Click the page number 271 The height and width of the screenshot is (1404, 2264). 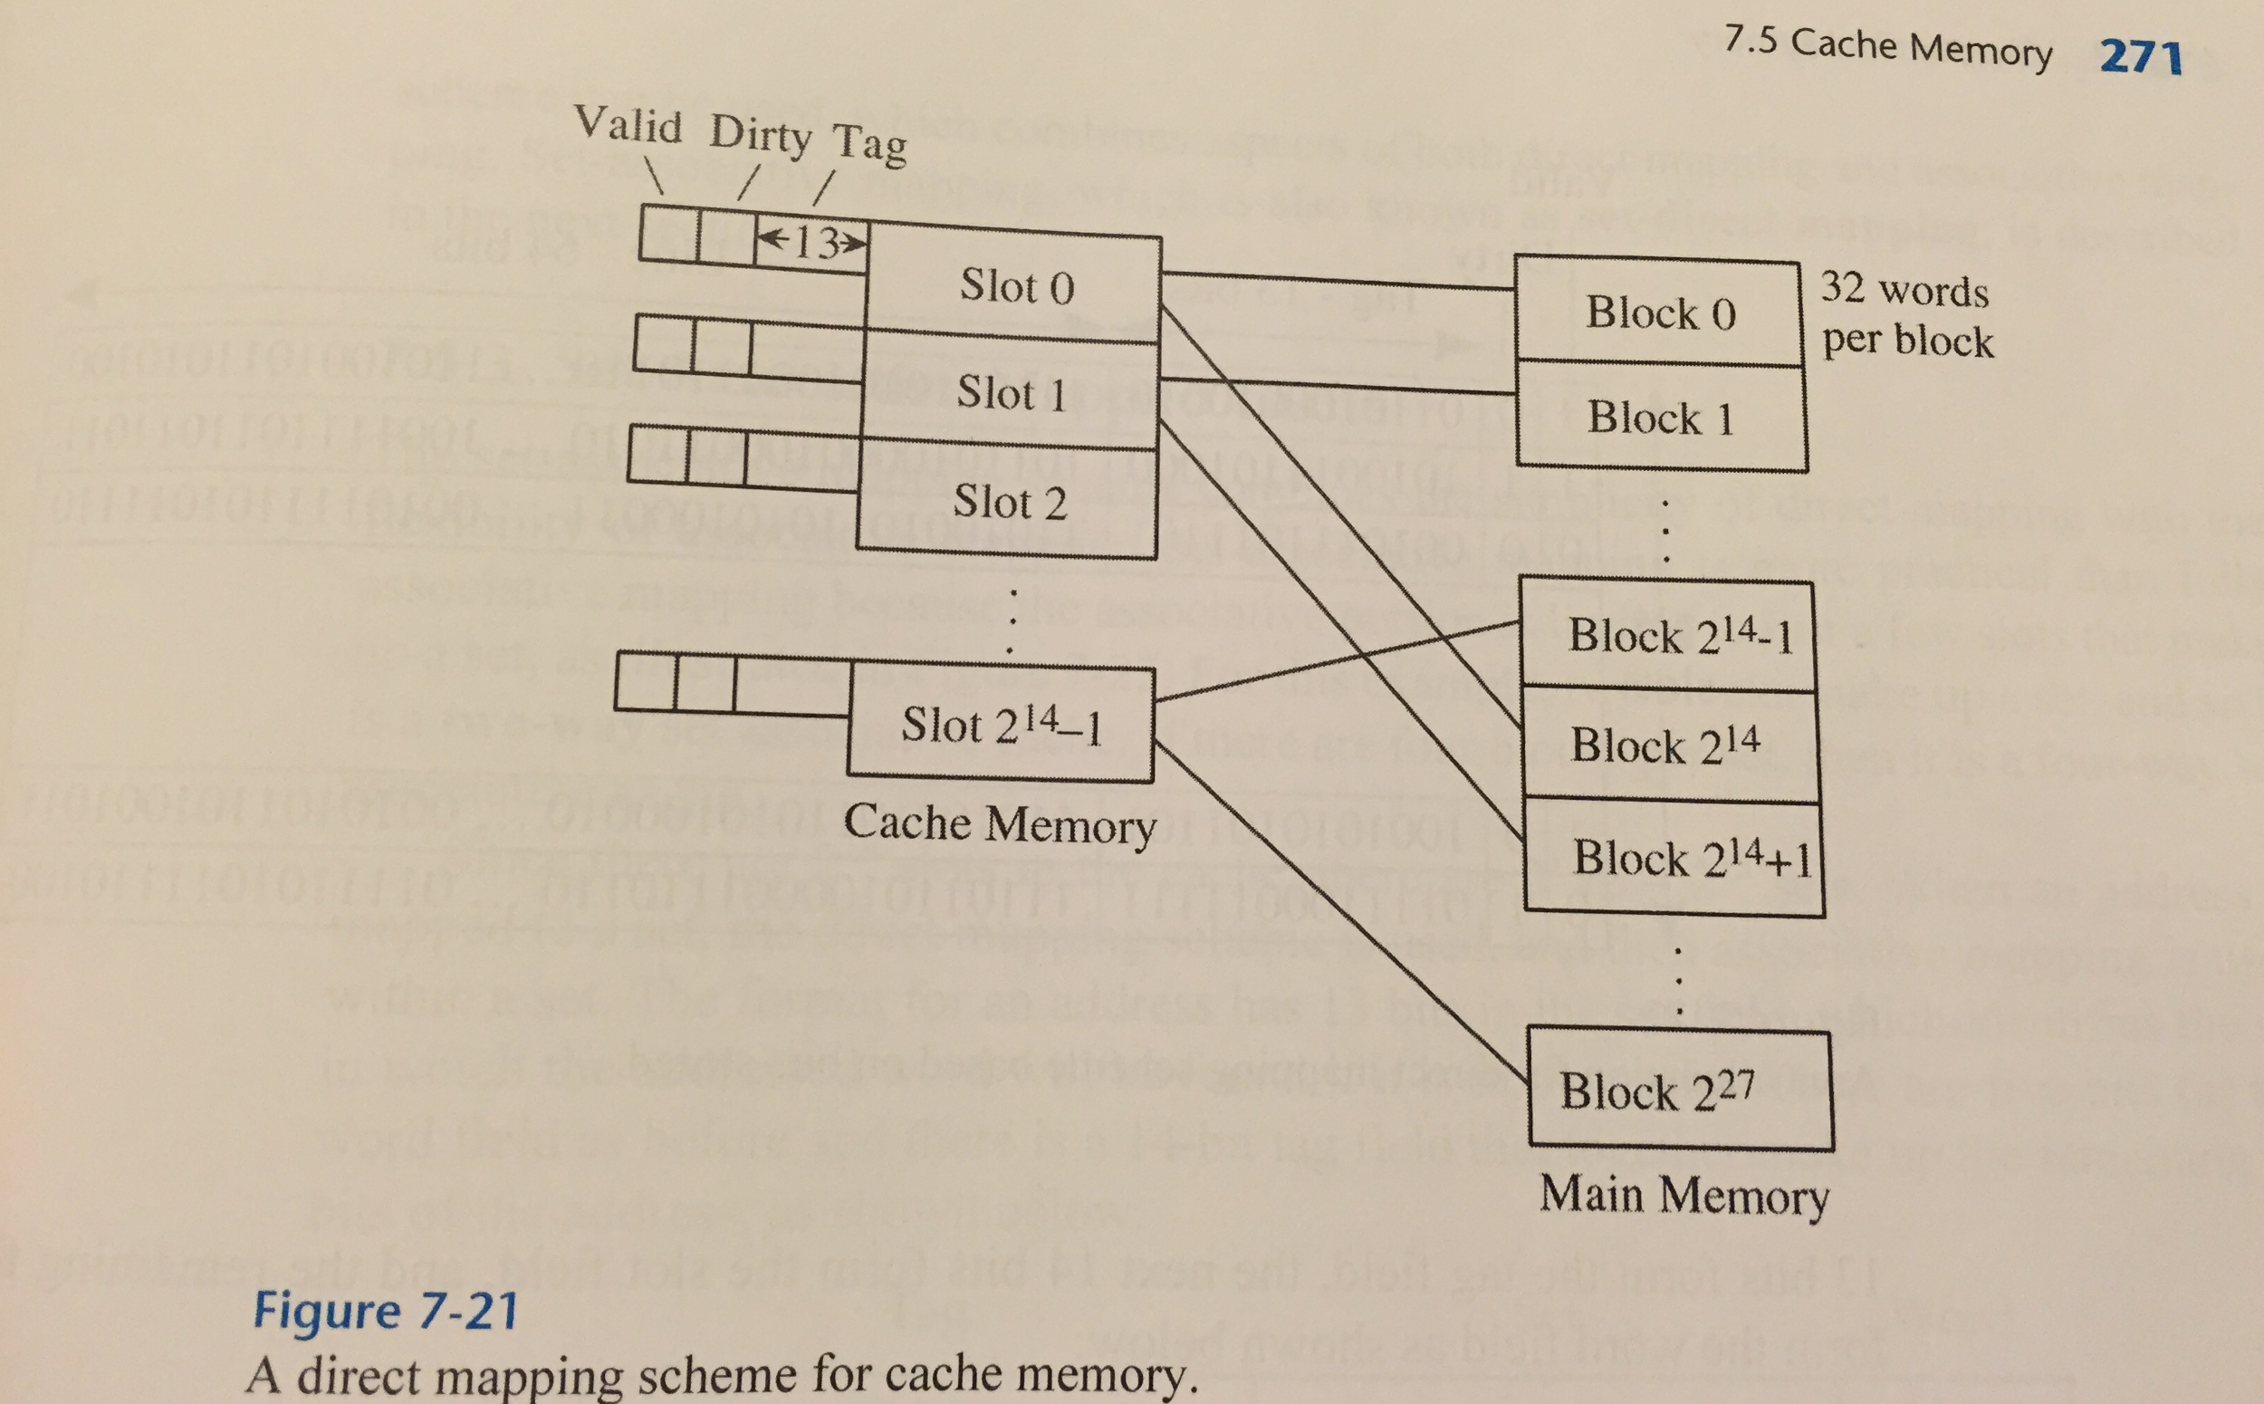coord(2141,57)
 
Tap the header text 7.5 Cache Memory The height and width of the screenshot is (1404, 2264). coord(1887,46)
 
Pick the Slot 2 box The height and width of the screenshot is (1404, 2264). coord(1008,503)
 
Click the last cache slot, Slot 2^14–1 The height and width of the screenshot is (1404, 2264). coord(1001,726)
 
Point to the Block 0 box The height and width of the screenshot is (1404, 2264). coord(1660,312)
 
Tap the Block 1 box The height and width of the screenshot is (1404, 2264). coord(1660,417)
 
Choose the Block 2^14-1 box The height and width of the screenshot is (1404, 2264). coord(1667,636)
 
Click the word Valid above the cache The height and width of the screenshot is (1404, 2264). coord(628,124)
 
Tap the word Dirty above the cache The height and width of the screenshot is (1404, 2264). coord(760,135)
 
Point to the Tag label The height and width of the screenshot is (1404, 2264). coord(868,144)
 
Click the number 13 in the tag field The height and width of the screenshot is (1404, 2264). coord(814,243)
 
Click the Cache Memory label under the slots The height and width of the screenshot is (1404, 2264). coord(999,824)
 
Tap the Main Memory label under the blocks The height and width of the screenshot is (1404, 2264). coord(1683,1195)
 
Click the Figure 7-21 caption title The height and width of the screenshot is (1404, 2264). coord(385,1311)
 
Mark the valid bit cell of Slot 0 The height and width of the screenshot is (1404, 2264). coord(668,232)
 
